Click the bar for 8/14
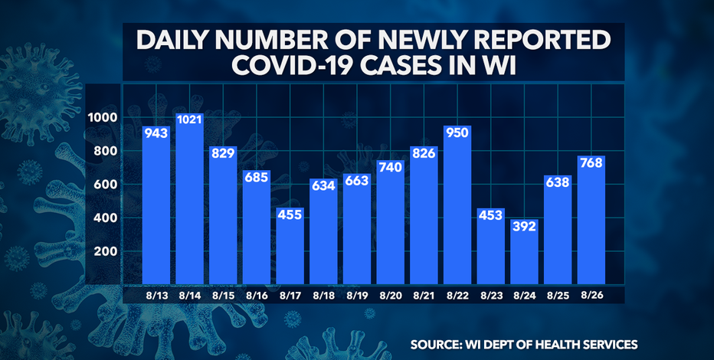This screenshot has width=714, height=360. [189, 199]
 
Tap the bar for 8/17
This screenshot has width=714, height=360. [290, 245]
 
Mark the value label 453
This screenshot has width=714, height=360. [491, 217]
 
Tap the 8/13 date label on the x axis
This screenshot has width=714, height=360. [156, 293]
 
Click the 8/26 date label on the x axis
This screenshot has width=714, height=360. [591, 293]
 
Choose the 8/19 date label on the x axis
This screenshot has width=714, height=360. [357, 293]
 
